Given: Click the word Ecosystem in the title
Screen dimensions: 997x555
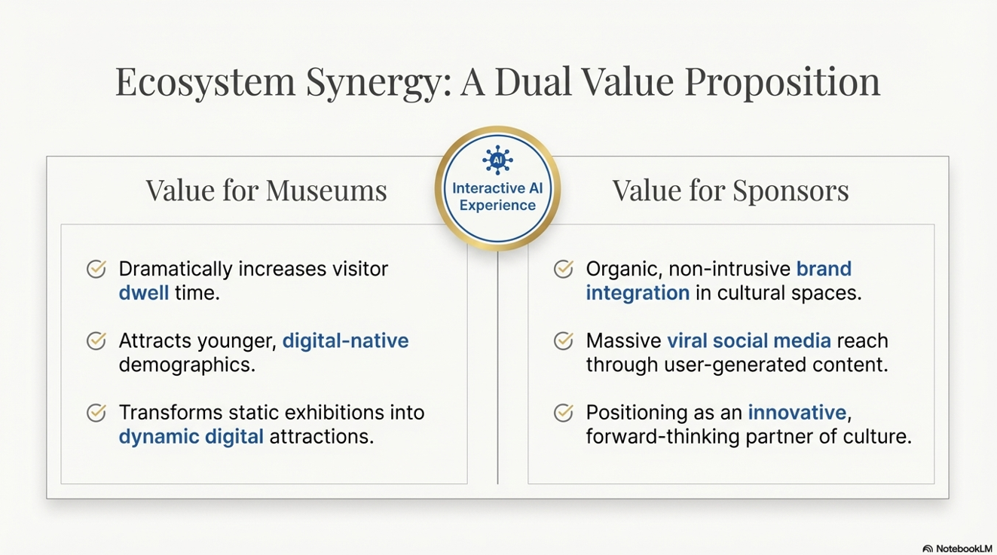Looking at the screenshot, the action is pyautogui.click(x=205, y=83).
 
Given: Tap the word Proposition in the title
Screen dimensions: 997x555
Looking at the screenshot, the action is pyautogui.click(x=782, y=83).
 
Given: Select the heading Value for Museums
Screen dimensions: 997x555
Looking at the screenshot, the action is pyautogui.click(x=266, y=191).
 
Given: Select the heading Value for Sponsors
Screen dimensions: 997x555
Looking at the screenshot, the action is pyautogui.click(x=731, y=191).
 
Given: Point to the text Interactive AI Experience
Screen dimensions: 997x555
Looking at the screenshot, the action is pyautogui.click(x=497, y=197).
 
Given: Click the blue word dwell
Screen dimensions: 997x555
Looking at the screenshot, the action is pyautogui.click(x=143, y=293).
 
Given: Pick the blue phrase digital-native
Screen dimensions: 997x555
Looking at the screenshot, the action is pyautogui.click(x=345, y=340).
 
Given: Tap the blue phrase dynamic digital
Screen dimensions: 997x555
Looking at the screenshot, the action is pyautogui.click(x=191, y=436).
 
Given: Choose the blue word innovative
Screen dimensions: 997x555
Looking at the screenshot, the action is pyautogui.click(x=797, y=412).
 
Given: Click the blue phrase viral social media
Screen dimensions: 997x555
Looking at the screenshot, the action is pyautogui.click(x=748, y=340).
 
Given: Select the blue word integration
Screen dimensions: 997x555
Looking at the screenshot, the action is pyautogui.click(x=638, y=293).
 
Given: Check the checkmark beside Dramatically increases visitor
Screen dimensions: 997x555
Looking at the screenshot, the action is pyautogui.click(x=96, y=269).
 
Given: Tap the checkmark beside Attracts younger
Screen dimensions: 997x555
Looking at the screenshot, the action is pyautogui.click(x=96, y=341).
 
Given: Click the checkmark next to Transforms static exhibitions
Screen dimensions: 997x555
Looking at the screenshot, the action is pyautogui.click(x=96, y=413).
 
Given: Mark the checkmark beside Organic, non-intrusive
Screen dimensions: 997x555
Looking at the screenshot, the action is pyautogui.click(x=564, y=269).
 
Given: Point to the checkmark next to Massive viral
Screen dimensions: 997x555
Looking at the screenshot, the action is pyautogui.click(x=564, y=341).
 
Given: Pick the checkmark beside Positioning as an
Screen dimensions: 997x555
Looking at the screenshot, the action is pyautogui.click(x=564, y=413).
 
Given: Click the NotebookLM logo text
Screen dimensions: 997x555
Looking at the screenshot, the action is pyautogui.click(x=964, y=549).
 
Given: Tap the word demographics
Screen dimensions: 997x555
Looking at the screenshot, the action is pyautogui.click(x=187, y=364).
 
